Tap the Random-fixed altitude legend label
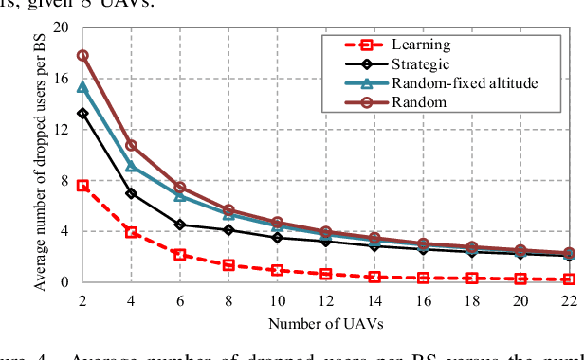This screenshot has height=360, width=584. coord(465,83)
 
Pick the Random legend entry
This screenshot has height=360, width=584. coord(416,101)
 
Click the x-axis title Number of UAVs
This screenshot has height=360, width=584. coord(324,324)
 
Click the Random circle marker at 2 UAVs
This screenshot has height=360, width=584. coord(82,55)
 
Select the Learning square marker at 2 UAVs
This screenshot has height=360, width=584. coord(82,186)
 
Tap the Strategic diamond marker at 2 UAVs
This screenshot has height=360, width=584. coord(82,113)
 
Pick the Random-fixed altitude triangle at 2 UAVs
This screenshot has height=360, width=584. coord(82,87)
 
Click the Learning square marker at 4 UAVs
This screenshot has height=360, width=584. coord(132,232)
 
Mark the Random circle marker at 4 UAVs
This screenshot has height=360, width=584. coord(132,146)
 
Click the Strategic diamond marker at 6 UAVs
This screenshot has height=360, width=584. coord(180,225)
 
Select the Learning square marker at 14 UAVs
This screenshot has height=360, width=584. coord(374,277)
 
